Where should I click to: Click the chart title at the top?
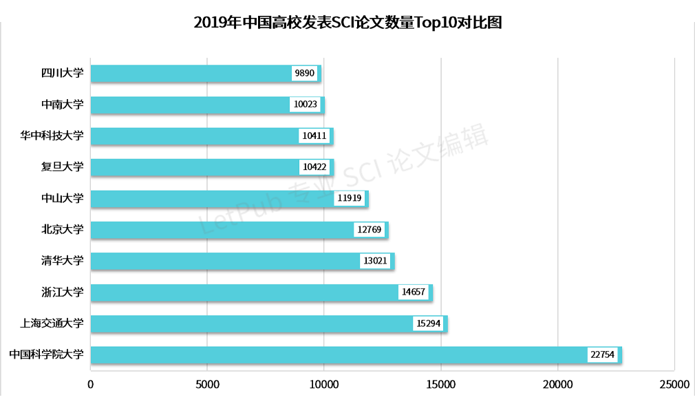(x=347, y=22)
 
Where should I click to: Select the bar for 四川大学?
(x=193, y=74)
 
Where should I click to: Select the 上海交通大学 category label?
(x=52, y=323)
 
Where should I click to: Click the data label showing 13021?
(x=375, y=261)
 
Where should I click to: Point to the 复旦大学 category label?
(x=62, y=167)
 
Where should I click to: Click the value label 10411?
(x=314, y=136)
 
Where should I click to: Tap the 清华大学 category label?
(x=62, y=261)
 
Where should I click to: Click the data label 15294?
(x=428, y=323)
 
